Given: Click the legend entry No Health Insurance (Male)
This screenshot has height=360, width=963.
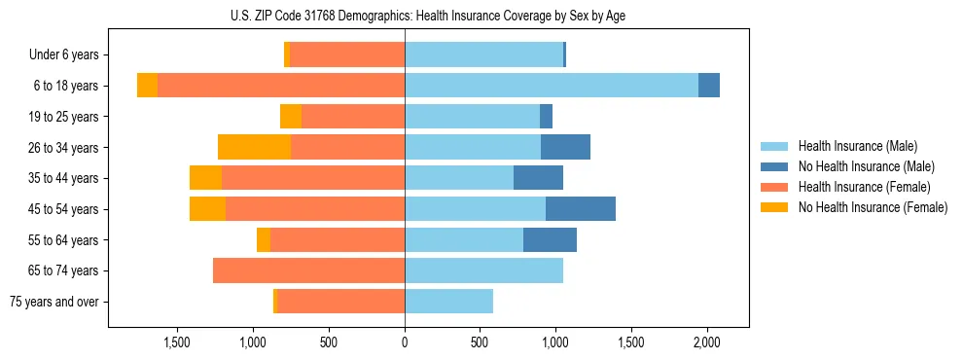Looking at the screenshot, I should [865, 166].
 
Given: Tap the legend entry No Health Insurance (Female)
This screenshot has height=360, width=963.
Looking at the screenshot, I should [872, 207].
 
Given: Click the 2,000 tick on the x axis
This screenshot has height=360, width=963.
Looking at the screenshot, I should [706, 343].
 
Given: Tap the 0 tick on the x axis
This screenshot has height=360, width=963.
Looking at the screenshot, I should [405, 343].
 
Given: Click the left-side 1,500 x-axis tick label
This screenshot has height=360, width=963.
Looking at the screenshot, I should [178, 343].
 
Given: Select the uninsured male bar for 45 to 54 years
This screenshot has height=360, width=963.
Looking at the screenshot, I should [581, 208].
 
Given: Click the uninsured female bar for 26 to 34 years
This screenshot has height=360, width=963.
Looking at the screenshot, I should [254, 147].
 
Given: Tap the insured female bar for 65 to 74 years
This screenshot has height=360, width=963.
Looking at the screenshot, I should [308, 270].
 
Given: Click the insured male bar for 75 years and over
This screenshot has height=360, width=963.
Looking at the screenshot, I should [448, 302].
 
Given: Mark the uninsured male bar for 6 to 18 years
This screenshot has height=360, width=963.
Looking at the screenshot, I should [709, 86].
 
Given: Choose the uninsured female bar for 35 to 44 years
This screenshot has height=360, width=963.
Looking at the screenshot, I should [205, 178].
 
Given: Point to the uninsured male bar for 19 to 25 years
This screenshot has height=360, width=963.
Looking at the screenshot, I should [546, 117].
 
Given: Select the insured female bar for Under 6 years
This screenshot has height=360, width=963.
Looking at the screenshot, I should [347, 55].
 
